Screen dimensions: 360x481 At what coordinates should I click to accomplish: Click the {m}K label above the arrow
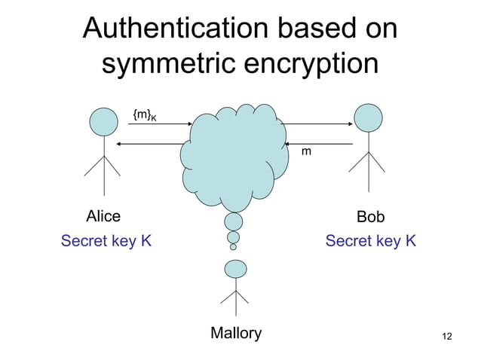tap(144, 115)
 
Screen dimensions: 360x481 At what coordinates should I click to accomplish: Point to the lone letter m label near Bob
tap(306, 152)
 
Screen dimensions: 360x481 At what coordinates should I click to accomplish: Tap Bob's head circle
tap(369, 117)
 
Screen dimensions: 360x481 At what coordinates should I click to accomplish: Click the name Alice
tap(103, 217)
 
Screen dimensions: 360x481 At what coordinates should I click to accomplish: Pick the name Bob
tap(370, 217)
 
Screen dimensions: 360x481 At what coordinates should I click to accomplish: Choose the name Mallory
tap(236, 333)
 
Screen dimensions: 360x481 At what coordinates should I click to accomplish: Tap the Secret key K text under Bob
tap(370, 241)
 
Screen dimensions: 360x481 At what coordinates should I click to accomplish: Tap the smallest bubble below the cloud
tap(233, 246)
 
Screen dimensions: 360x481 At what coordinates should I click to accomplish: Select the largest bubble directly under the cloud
tap(234, 221)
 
